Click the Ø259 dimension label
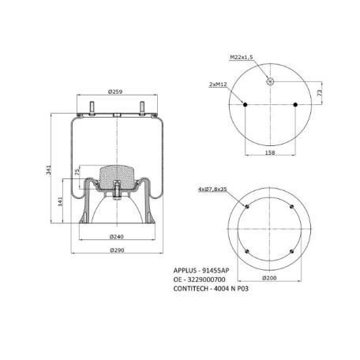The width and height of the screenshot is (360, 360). pyautogui.click(x=115, y=92)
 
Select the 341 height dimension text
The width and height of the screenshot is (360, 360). pyautogui.click(x=49, y=170)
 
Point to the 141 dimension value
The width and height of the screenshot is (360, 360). pyautogui.click(x=60, y=201)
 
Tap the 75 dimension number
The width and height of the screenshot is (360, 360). pyautogui.click(x=77, y=172)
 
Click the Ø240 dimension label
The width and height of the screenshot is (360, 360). pyautogui.click(x=117, y=237)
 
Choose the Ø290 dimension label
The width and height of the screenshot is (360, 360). pyautogui.click(x=117, y=250)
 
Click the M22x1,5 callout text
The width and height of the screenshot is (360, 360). pyautogui.click(x=242, y=57)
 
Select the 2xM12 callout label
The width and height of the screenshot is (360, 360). pyautogui.click(x=218, y=84)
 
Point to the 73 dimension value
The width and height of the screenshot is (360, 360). pyautogui.click(x=319, y=92)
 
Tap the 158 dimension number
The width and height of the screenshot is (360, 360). pyautogui.click(x=270, y=152)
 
